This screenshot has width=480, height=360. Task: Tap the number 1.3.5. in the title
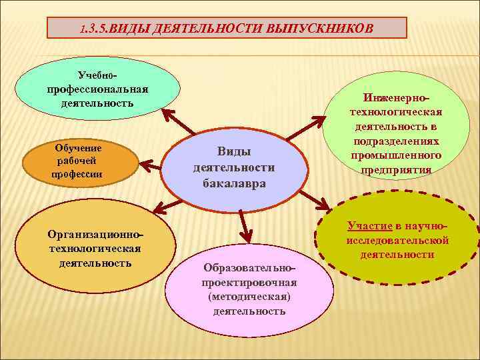pyautogui.click(x=93, y=29)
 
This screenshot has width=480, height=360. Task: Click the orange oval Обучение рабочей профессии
pyautogui.click(x=79, y=161)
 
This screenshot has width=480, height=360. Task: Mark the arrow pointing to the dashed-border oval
pyautogui.click(x=314, y=199)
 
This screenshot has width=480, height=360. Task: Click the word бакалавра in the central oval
pyautogui.click(x=233, y=183)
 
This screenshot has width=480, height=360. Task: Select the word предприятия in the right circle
pyautogui.click(x=396, y=169)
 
